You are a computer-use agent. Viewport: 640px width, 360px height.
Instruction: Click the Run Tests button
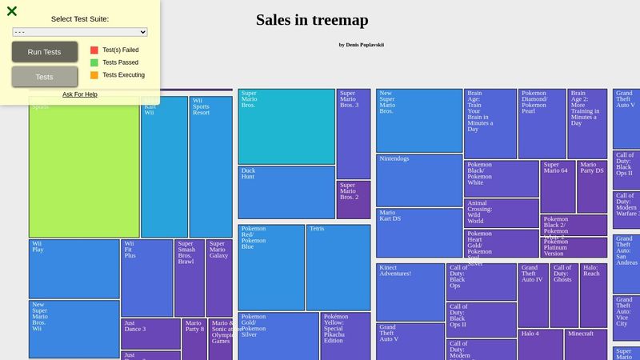point(45,52)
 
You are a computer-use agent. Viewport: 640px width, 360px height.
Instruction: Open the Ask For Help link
point(80,94)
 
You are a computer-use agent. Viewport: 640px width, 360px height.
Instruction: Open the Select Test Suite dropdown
point(80,32)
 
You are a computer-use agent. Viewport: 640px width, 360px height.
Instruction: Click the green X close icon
point(12,11)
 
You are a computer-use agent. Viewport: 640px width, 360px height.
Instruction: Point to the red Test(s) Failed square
point(94,50)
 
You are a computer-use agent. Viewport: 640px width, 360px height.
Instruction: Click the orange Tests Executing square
point(94,75)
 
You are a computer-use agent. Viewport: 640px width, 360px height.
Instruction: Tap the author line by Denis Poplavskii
point(361,45)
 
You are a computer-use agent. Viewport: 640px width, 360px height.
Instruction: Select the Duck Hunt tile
point(286,192)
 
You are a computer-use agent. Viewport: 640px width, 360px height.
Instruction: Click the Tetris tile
point(338,267)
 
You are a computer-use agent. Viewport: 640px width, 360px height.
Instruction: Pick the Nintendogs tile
point(419,180)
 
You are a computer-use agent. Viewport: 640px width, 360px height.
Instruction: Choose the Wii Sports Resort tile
point(211,166)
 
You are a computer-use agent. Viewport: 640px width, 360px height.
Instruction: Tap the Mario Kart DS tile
point(419,233)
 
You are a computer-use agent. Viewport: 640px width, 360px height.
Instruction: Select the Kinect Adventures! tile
point(410,292)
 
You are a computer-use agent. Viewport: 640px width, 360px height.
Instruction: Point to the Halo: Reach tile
point(594,295)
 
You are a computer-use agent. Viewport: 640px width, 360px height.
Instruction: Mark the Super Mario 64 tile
point(558,186)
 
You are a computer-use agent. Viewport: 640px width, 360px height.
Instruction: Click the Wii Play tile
point(74,269)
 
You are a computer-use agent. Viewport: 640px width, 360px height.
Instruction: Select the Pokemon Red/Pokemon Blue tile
point(271,267)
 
